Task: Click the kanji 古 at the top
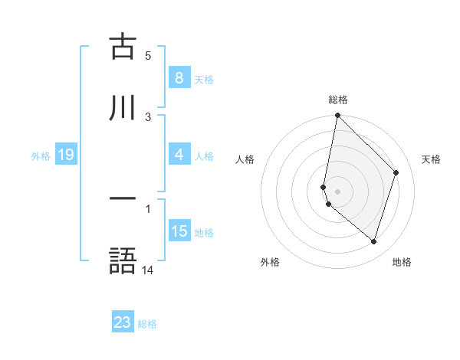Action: point(123,47)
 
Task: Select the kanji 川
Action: point(123,108)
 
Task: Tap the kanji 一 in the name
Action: point(123,200)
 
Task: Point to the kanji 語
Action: point(123,260)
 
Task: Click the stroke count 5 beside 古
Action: point(148,55)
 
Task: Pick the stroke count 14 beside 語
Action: point(148,270)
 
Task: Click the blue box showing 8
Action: point(179,77)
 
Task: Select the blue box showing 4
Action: point(179,155)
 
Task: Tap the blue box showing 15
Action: point(179,231)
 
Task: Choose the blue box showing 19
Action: point(66,155)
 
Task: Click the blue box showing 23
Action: point(123,322)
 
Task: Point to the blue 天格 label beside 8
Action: point(204,79)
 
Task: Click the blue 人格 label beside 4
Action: point(204,155)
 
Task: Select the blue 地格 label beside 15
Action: point(204,232)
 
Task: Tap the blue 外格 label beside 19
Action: point(41,155)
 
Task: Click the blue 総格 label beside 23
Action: point(147,323)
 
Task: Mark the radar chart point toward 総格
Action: point(337,115)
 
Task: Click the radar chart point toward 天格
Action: point(396,172)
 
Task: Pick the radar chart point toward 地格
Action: point(373,242)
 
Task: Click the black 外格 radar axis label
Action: point(270,262)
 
